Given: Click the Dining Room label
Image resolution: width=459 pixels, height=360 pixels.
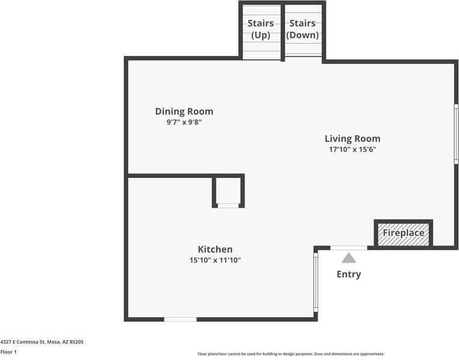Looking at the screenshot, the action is [184, 111].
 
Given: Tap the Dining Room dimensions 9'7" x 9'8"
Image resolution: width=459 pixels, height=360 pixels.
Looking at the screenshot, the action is [184, 122].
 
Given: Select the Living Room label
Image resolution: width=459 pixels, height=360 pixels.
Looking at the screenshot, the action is [353, 138].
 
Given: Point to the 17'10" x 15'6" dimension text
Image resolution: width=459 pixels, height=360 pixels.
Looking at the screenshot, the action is [353, 149].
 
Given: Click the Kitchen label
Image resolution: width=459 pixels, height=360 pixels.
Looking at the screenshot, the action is [215, 249].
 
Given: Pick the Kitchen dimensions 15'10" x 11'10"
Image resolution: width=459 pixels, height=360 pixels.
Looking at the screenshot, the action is [215, 260].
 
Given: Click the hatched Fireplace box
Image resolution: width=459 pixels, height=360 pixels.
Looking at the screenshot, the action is [404, 234].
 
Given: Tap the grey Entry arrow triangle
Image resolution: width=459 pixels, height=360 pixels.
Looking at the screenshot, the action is [349, 258].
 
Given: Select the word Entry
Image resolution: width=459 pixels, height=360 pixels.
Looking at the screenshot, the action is [349, 274].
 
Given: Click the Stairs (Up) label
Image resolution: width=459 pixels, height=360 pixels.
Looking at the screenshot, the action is [260, 29].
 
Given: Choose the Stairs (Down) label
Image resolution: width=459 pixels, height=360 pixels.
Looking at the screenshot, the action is [303, 29].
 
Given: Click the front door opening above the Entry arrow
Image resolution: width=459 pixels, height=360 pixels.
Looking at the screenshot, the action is [349, 248].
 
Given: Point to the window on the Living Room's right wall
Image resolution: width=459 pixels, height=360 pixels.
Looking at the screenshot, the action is [456, 134].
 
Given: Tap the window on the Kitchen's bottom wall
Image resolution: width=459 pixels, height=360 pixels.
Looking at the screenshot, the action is [180, 319].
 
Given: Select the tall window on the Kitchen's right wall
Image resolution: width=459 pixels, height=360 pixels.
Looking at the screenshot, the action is [316, 282].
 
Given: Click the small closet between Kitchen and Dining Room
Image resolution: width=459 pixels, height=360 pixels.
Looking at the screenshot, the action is [229, 191].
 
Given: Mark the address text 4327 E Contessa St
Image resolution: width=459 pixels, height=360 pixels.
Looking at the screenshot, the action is [23, 342].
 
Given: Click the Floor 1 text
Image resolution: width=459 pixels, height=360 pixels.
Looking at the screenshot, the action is [8, 352].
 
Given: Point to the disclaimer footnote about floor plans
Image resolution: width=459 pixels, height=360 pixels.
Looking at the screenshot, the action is [291, 354].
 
